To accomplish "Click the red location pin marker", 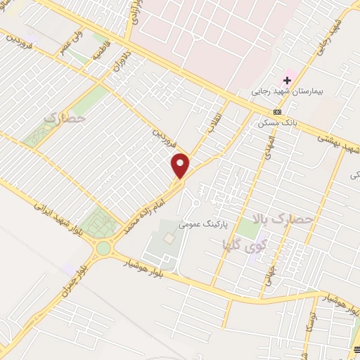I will click(x=181, y=165).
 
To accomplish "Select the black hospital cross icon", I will click(x=288, y=79).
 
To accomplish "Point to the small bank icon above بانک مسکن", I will click(x=278, y=112).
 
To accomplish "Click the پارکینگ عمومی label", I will click(x=202, y=225).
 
